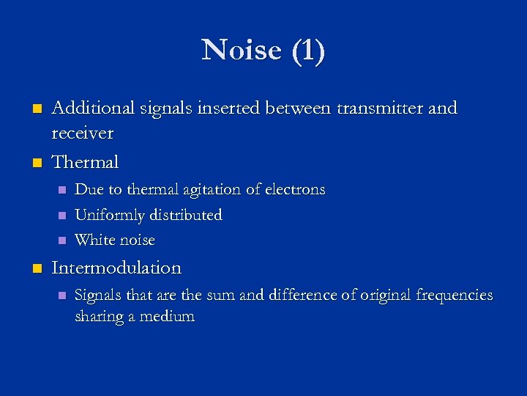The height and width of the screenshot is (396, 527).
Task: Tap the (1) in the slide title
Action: click(x=307, y=51)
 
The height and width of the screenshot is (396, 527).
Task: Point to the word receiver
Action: click(x=83, y=133)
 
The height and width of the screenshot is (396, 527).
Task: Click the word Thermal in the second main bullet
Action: click(x=85, y=161)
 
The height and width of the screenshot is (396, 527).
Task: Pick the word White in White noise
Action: click(x=93, y=240)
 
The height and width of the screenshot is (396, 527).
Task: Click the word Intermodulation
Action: click(x=116, y=268)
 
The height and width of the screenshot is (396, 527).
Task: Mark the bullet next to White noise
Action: click(x=61, y=241)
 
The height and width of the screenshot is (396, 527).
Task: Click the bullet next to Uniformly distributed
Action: click(x=61, y=216)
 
